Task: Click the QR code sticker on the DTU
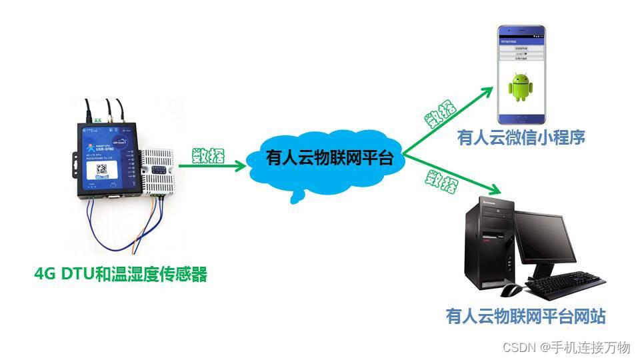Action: pyautogui.click(x=103, y=169)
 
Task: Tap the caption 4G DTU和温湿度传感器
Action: pyautogui.click(x=121, y=274)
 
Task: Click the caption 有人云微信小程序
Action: pyautogui.click(x=521, y=138)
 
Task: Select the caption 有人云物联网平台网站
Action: pyautogui.click(x=525, y=315)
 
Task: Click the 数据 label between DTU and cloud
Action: pyautogui.click(x=208, y=155)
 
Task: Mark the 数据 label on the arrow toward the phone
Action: pyautogui.click(x=441, y=113)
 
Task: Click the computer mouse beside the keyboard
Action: pyautogui.click(x=511, y=290)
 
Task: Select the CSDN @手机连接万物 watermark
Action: pyautogui.click(x=567, y=347)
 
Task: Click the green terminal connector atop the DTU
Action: pyautogui.click(x=97, y=120)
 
